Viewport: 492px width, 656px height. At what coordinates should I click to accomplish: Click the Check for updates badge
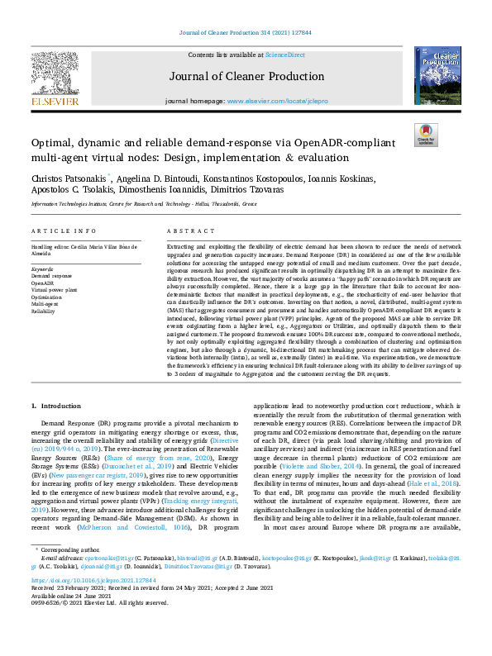click(425, 135)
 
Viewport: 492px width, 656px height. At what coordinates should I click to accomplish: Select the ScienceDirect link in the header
click(285, 55)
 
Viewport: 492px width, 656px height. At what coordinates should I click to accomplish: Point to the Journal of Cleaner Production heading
click(246, 78)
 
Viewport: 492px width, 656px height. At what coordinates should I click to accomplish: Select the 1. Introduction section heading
click(56, 407)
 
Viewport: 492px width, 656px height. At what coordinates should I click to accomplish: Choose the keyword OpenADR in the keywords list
click(43, 283)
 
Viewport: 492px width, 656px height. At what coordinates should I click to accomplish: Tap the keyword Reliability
click(44, 311)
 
